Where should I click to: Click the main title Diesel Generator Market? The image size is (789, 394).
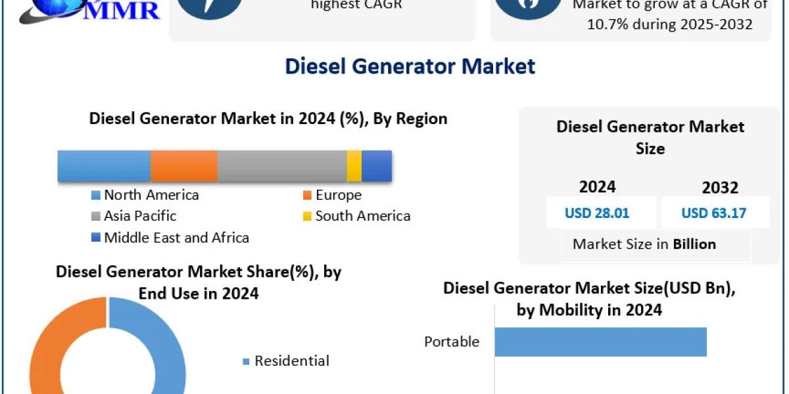410,66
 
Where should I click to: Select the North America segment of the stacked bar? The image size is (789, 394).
104,165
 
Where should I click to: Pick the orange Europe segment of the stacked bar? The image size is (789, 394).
184,165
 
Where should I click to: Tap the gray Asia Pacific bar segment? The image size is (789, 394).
281,165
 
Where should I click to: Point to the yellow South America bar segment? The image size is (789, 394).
354,165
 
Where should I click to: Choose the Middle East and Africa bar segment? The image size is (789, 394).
377,165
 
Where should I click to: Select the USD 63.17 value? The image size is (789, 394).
713,213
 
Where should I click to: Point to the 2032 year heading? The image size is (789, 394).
720,188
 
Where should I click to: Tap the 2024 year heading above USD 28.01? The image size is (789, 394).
597,187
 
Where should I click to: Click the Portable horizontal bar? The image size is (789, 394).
600,342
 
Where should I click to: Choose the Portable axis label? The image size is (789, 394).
452,341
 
